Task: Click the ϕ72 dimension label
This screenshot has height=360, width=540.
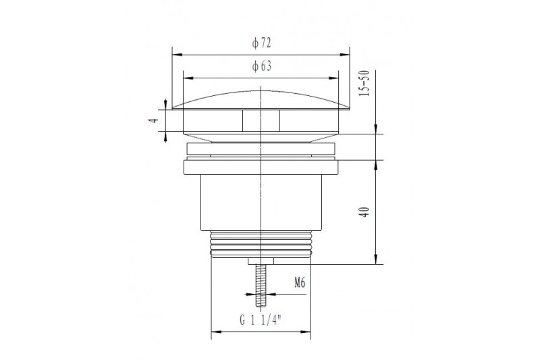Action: point(261,43)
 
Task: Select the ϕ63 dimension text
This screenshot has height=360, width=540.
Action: point(261,66)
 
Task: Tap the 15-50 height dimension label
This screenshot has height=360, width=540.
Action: point(364,83)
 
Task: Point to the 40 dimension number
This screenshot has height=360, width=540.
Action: point(364,211)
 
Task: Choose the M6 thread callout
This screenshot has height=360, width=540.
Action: point(300,283)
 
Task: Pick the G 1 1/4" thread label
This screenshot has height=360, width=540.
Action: point(261,321)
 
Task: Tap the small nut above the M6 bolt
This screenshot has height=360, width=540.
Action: point(261,261)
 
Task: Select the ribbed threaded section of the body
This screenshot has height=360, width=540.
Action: point(261,245)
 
